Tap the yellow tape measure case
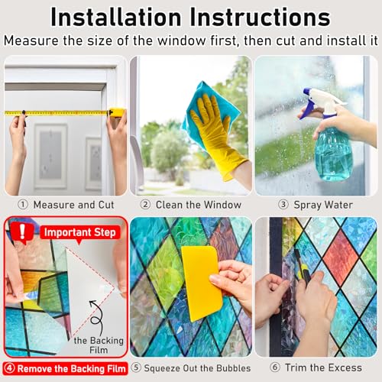pyautogui.click(x=116, y=112)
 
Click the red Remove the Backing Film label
pyautogui.click(x=66, y=368)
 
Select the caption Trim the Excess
pyautogui.click(x=322, y=368)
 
